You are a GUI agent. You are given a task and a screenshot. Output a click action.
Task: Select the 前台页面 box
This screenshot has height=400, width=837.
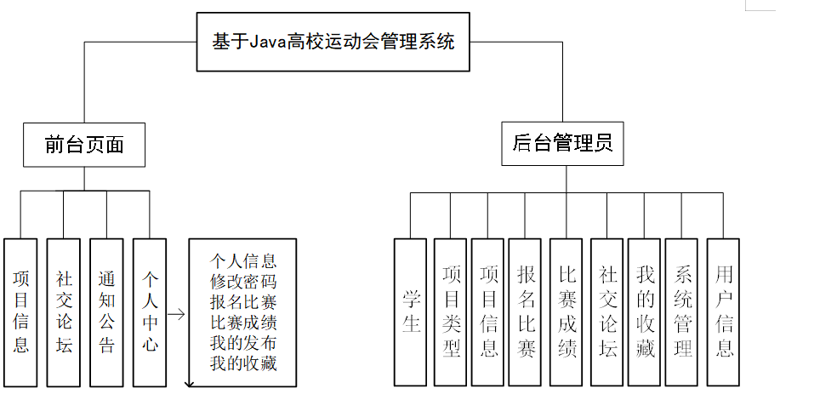pos(83,145)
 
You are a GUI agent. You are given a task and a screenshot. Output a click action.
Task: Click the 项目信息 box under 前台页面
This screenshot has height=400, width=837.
pos(21,311)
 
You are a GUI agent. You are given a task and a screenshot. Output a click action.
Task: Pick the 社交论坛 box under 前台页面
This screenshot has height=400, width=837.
pos(64,311)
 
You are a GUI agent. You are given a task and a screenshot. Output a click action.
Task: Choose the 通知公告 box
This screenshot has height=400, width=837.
pos(106,311)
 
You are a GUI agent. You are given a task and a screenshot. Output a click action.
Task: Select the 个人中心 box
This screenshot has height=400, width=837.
pos(150,311)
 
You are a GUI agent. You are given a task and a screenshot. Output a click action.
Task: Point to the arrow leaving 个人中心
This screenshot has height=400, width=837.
pos(177,313)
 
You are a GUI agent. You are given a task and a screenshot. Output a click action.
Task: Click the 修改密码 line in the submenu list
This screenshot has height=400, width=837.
pos(243,281)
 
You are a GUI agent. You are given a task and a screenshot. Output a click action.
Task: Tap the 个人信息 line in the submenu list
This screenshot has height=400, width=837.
pos(243,260)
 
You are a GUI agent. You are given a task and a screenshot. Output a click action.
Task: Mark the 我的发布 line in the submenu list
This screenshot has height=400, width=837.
pos(243,344)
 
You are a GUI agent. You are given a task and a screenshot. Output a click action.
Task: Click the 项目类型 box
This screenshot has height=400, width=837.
pos(450,311)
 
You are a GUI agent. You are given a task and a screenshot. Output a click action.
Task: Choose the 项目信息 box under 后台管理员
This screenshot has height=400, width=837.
pos(488,311)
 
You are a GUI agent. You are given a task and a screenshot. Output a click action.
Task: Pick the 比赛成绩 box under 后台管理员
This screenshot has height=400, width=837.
pos(567,311)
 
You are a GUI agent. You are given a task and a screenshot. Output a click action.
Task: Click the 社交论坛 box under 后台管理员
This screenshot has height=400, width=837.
pos(606,311)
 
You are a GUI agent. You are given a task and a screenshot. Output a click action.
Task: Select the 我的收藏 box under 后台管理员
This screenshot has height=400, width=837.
pos(645,311)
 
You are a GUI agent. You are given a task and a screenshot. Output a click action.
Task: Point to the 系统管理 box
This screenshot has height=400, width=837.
pos(682,311)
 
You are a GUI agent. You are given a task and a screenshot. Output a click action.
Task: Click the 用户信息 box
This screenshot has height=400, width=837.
pos(723,311)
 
